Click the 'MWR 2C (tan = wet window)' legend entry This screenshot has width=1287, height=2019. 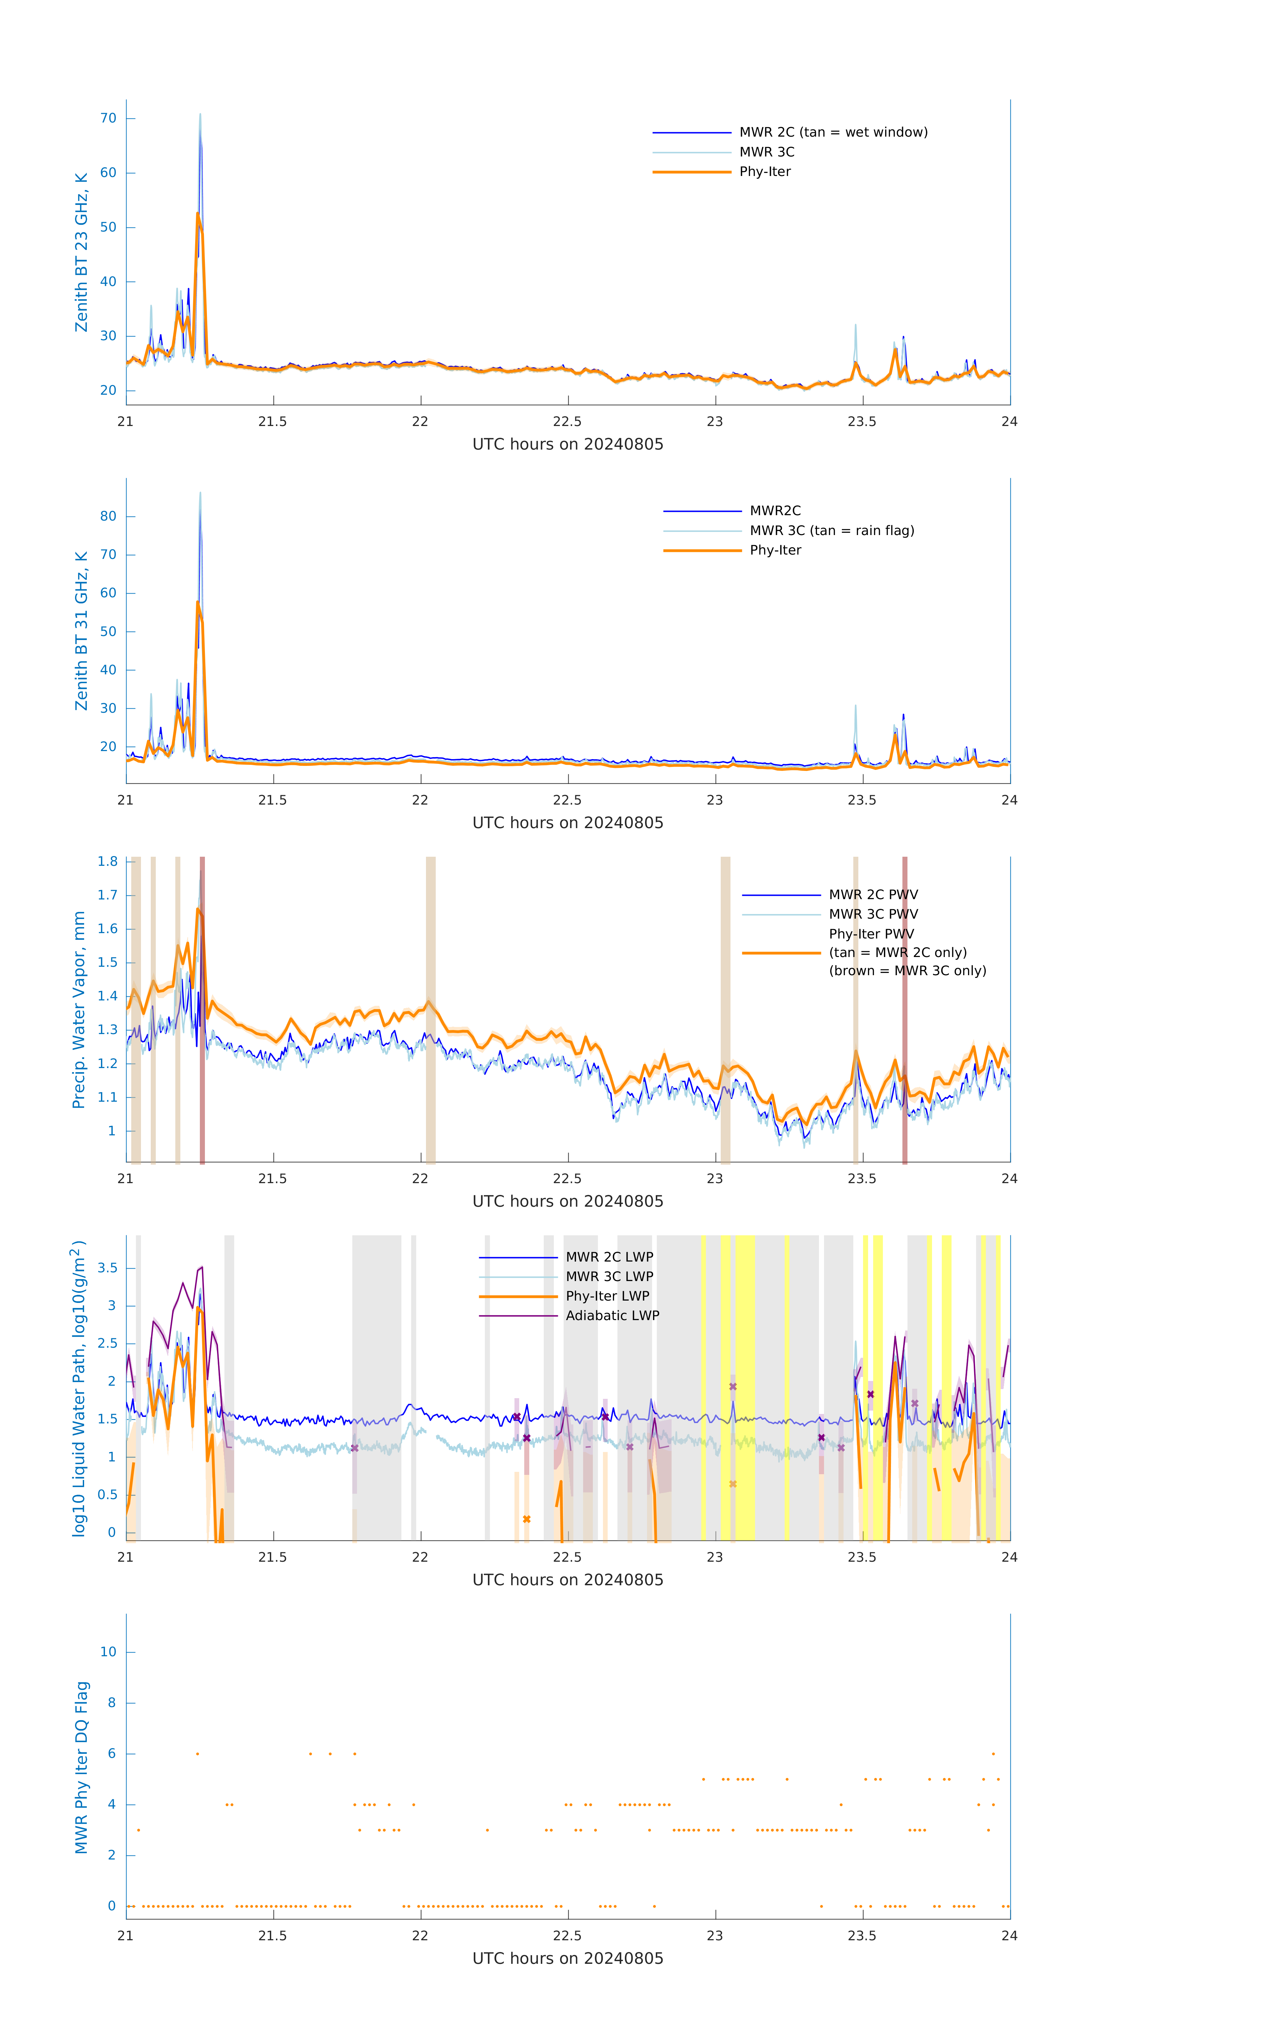832,133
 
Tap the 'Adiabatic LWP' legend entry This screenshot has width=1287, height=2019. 612,1315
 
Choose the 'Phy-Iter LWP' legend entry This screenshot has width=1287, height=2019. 607,1296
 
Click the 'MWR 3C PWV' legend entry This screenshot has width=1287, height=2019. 873,915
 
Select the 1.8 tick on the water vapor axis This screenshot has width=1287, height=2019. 107,862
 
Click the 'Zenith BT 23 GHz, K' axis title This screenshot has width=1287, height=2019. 81,252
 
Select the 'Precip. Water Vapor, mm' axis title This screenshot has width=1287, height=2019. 79,1010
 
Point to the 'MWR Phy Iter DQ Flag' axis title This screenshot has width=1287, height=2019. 81,1767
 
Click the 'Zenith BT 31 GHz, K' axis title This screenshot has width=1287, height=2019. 81,631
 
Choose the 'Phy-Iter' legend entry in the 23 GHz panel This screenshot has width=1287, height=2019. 765,172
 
